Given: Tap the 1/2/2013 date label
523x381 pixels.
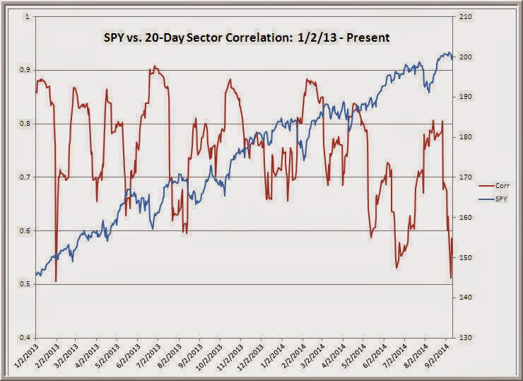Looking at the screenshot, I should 25,357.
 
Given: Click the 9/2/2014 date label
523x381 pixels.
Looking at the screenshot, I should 437,357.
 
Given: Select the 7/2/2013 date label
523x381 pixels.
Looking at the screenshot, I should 148,357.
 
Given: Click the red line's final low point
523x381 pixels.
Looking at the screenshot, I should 450,278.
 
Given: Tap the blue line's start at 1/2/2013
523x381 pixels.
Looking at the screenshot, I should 36,274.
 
